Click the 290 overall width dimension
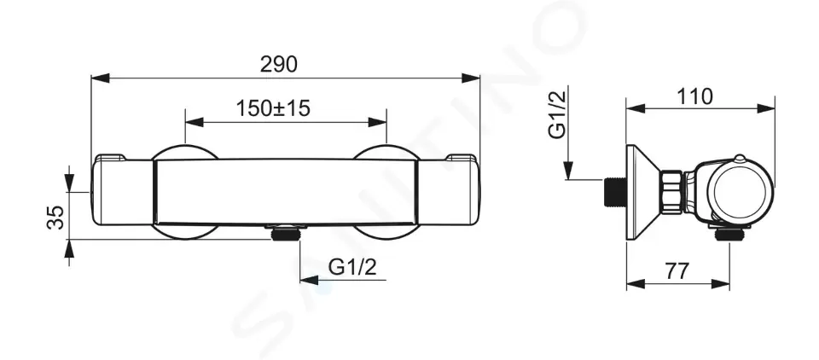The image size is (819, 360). tap(279, 64)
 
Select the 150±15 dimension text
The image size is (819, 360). tap(273, 108)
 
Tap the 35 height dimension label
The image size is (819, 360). tap(56, 217)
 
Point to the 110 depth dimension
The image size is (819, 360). tap(694, 96)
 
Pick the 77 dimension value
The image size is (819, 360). tap(677, 271)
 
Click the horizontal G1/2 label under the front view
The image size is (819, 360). tap(352, 268)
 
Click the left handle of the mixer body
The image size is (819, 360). tap(123, 191)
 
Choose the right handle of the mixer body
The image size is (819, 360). tap(448, 191)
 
